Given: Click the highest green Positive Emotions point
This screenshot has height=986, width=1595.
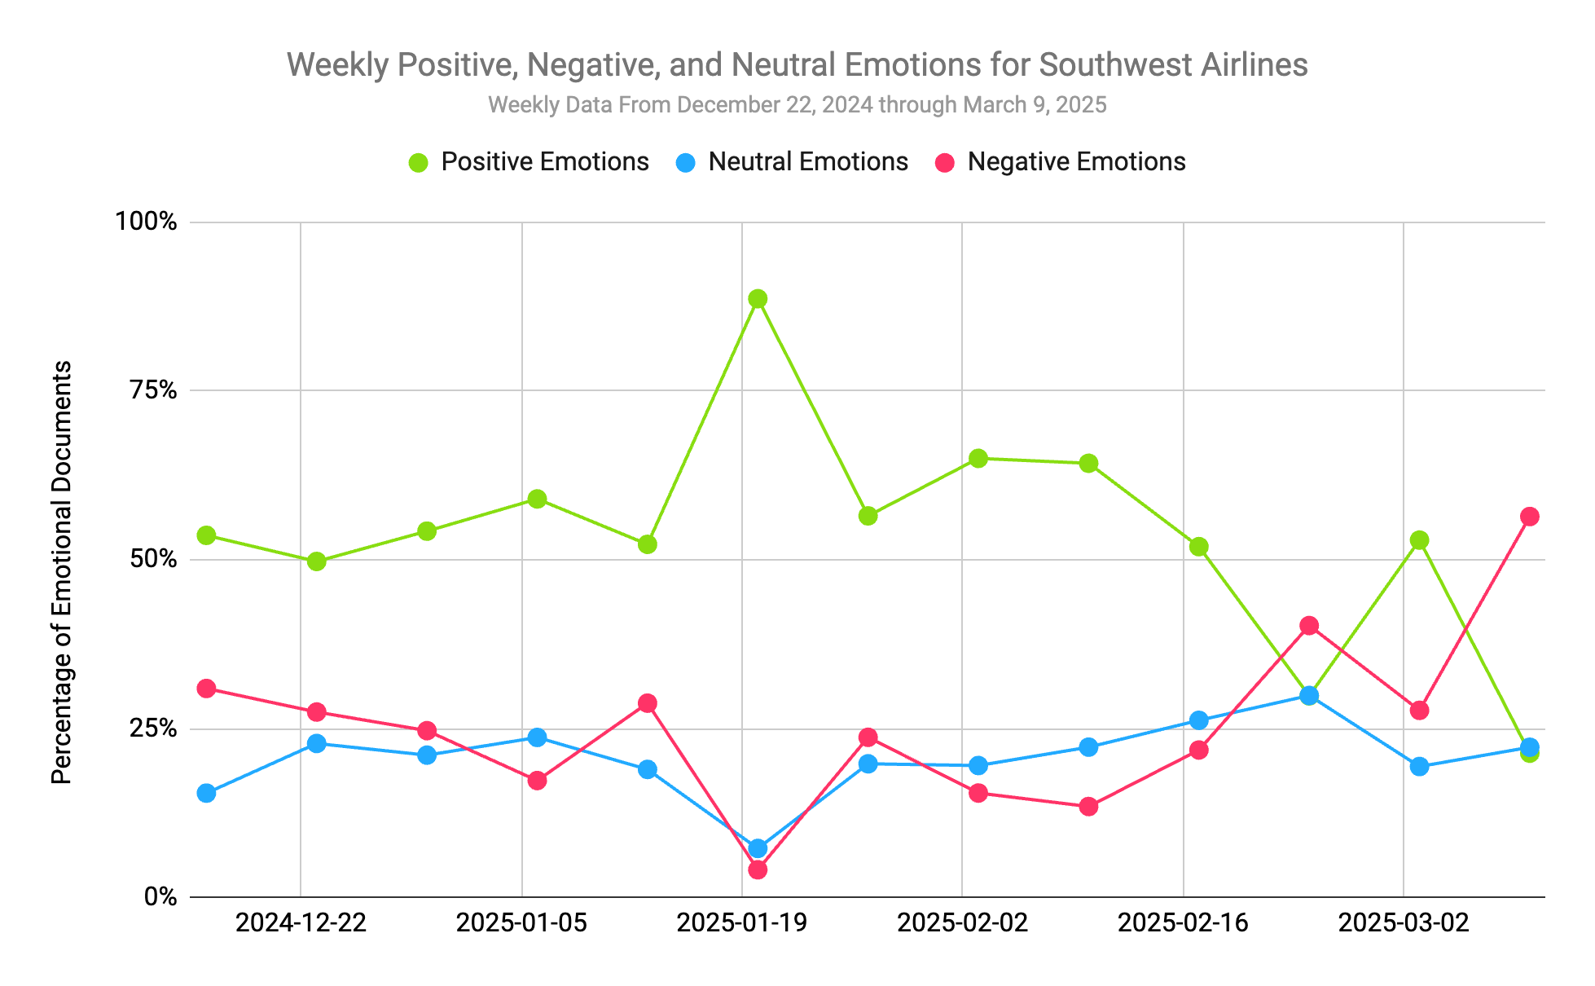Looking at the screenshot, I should (x=758, y=299).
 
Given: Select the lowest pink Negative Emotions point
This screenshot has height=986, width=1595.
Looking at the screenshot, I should (x=758, y=869).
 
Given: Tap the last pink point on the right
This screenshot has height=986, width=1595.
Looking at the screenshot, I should (x=1529, y=517).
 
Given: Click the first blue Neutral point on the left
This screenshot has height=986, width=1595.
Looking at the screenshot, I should (x=207, y=793).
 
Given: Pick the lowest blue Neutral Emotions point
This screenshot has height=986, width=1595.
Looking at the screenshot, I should (x=758, y=848).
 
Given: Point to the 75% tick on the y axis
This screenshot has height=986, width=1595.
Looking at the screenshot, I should (x=151, y=390).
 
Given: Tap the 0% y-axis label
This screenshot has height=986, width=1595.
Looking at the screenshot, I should (x=160, y=897).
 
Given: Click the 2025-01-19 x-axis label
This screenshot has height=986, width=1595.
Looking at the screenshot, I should (x=741, y=923).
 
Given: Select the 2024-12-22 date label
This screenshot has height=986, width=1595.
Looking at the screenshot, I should (x=301, y=923).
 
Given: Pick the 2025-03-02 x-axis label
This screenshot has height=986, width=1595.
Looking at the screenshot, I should (x=1403, y=923).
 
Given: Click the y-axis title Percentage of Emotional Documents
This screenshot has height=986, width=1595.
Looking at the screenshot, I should (x=62, y=572).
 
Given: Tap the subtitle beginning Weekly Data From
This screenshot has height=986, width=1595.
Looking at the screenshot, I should (x=797, y=105).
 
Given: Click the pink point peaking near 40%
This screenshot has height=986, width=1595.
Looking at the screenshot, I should (x=1309, y=626).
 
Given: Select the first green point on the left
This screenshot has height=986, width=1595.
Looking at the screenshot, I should (x=207, y=535).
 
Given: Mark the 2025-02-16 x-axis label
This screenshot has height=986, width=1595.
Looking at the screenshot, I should (x=1183, y=923).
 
